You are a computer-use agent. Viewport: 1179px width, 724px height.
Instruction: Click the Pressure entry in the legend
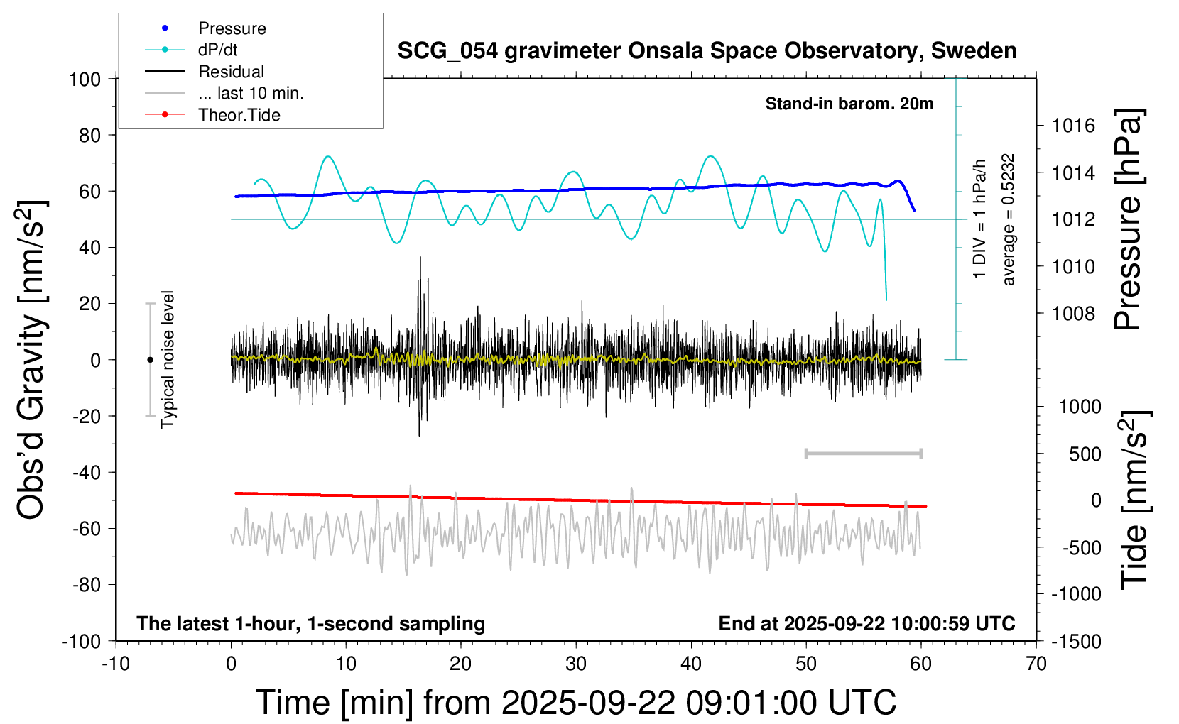[232, 28]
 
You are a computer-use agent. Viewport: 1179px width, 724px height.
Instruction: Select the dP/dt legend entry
[217, 50]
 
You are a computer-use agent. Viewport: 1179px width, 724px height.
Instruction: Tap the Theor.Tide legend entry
[239, 115]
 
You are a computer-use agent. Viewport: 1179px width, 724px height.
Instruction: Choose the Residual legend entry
[231, 72]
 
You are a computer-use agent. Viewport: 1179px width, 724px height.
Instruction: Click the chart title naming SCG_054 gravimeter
[707, 51]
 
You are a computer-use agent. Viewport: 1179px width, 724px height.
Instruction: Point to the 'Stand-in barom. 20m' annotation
[849, 104]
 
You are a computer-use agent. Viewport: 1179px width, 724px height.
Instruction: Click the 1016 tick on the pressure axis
[1073, 126]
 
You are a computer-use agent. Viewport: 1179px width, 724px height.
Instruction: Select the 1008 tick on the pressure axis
[1073, 313]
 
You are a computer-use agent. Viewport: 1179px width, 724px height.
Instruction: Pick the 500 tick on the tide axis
[1085, 454]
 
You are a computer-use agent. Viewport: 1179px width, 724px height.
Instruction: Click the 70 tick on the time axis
[1036, 664]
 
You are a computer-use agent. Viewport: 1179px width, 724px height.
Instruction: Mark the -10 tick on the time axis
[116, 664]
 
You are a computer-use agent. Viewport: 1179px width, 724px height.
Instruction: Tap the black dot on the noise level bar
[150, 360]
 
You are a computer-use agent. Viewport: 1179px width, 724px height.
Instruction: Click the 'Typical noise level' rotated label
[168, 360]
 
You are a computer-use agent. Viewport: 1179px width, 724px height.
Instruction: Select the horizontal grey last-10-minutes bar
[863, 453]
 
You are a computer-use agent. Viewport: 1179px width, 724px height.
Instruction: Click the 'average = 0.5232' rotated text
[1009, 220]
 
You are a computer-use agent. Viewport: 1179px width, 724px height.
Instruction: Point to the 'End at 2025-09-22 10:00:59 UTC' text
[866, 623]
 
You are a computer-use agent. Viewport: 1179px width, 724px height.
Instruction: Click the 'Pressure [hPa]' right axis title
[1129, 220]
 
